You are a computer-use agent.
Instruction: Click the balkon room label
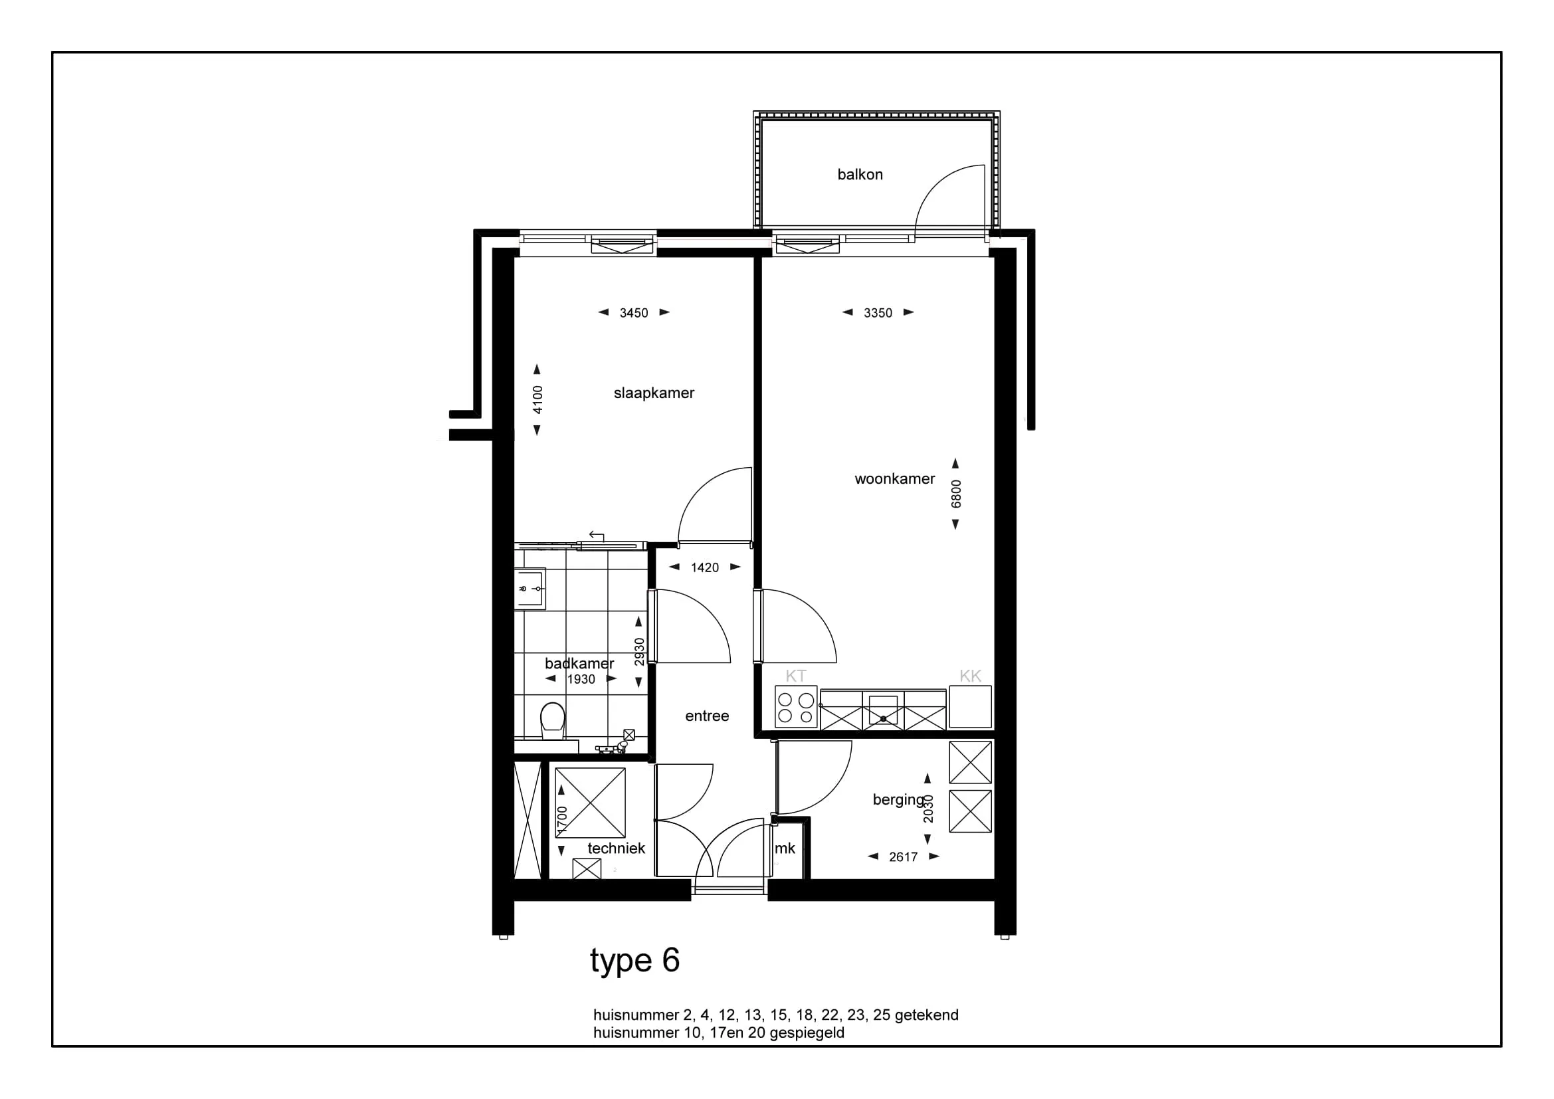860,175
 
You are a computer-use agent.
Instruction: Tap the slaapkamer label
654,393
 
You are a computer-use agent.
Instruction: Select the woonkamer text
895,479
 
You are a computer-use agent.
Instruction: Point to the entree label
707,716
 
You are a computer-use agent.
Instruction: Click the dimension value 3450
634,314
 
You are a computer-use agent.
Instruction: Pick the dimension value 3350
878,314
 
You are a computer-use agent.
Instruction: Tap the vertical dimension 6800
955,494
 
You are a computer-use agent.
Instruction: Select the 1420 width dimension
704,567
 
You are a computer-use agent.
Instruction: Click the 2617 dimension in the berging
903,857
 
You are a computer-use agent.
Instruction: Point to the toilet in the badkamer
552,722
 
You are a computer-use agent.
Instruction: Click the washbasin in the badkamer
530,589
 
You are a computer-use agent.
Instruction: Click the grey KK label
970,676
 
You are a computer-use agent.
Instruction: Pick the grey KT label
796,676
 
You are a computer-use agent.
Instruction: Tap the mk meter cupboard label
785,849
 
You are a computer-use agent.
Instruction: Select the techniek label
616,849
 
